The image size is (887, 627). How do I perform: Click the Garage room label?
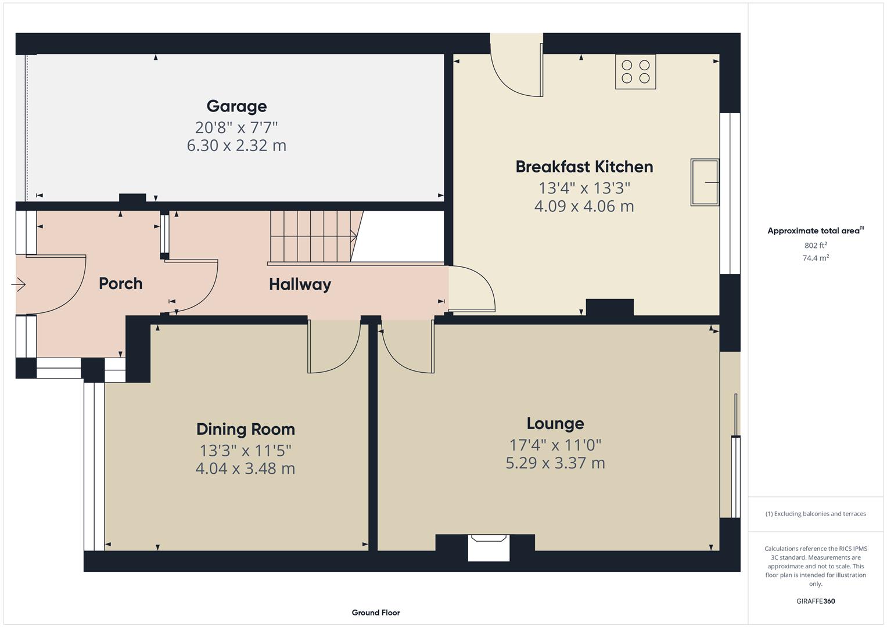[x=236, y=106]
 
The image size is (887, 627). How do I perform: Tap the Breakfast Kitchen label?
[x=584, y=167]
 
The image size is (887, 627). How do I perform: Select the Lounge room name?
[x=555, y=423]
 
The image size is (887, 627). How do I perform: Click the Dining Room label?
[x=245, y=429]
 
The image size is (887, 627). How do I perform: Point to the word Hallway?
[x=300, y=284]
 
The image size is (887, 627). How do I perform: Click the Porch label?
[x=120, y=283]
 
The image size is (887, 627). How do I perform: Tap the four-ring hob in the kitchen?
[x=635, y=72]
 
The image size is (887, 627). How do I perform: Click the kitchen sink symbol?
[x=704, y=182]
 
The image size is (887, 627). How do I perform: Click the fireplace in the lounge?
[x=489, y=547]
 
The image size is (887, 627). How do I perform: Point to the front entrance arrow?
[x=19, y=285]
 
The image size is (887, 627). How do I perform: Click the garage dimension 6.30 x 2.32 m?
[x=236, y=145]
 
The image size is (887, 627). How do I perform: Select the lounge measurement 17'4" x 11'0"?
[x=555, y=445]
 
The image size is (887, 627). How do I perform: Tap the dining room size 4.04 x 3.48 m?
[x=245, y=468]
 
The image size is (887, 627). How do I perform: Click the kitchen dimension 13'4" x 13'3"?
[x=584, y=188]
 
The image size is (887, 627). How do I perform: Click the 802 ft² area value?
[x=815, y=246]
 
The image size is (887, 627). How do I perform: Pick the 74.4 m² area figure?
[x=815, y=258]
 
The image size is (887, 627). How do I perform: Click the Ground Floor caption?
[x=375, y=612]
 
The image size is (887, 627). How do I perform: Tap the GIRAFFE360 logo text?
[x=815, y=601]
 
